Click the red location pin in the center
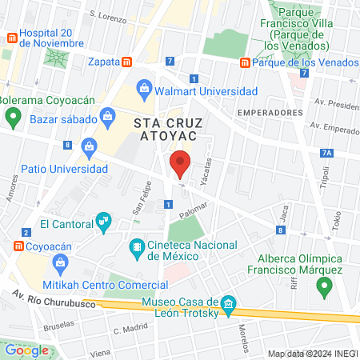pos(180,165)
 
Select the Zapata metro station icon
pos(126,61)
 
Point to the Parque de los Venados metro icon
pos(245,62)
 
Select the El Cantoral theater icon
pos(102,219)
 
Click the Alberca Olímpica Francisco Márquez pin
pos(324,286)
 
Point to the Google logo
pos(26,350)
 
